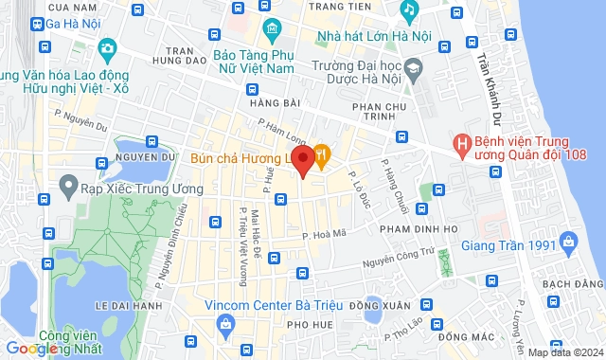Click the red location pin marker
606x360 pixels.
302,159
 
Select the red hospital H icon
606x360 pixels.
462,144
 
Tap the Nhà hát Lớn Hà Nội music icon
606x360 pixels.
408,11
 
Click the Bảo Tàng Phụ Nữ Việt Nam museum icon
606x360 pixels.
272,28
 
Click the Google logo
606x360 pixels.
35,349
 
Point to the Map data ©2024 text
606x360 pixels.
564,352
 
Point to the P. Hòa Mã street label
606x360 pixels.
320,231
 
